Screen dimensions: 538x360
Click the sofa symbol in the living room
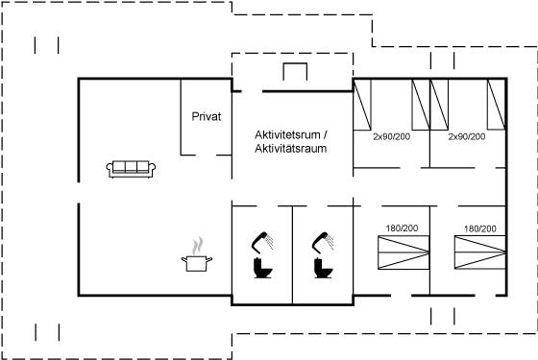tap(131, 169)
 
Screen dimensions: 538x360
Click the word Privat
tap(207, 116)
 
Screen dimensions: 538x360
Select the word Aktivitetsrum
tap(287, 134)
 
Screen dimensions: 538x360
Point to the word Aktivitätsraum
tap(290, 149)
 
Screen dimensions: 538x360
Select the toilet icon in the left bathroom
tap(262, 268)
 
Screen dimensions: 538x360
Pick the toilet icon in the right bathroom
tap(323, 268)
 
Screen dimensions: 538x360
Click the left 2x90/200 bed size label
tap(392, 136)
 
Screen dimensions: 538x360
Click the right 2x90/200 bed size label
tap(467, 136)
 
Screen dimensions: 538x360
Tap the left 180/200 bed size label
tap(402, 228)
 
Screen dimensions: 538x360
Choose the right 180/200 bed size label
tap(480, 228)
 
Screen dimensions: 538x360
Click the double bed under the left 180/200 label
tap(403, 252)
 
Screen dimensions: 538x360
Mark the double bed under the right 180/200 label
tap(480, 252)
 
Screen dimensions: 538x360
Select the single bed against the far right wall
tap(496, 105)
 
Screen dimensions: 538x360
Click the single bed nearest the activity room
tap(362, 105)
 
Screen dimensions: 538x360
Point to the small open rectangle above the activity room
tap(295, 71)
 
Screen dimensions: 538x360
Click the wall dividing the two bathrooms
tap(292, 255)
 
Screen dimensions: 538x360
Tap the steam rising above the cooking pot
tap(197, 246)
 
